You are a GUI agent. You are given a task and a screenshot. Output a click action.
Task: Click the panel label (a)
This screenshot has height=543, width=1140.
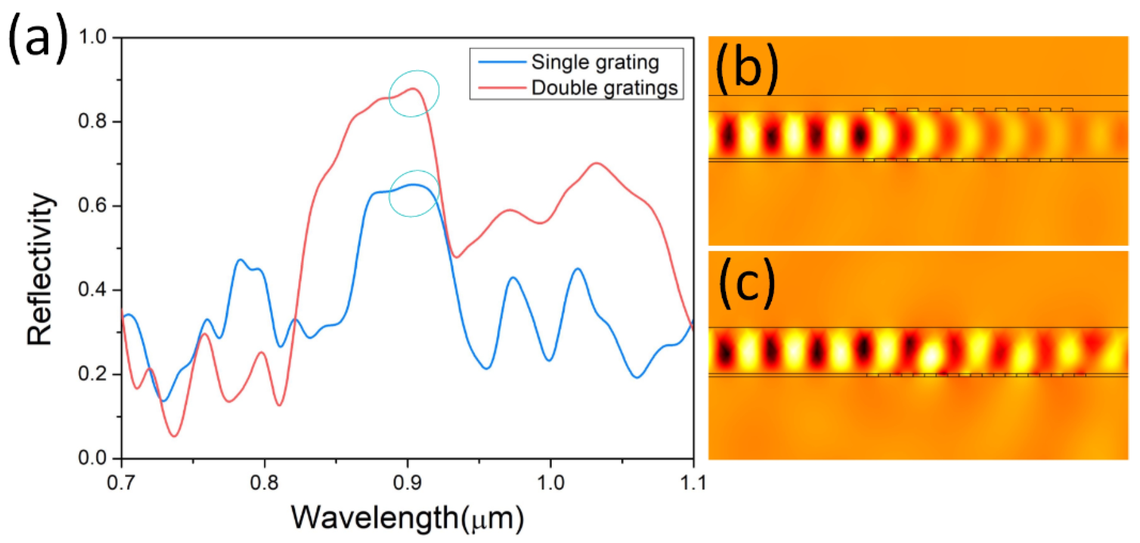38,39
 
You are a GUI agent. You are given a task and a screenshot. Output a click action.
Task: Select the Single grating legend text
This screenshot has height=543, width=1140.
595,62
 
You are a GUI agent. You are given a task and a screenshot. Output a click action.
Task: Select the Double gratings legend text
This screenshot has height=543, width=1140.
604,87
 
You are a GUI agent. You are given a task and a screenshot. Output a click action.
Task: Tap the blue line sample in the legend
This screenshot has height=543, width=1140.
502,62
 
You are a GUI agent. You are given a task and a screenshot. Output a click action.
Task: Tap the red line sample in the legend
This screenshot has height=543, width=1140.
502,87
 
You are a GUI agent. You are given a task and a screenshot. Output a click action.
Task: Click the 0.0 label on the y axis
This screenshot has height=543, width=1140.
93,458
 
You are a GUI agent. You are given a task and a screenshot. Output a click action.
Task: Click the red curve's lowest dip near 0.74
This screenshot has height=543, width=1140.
175,436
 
